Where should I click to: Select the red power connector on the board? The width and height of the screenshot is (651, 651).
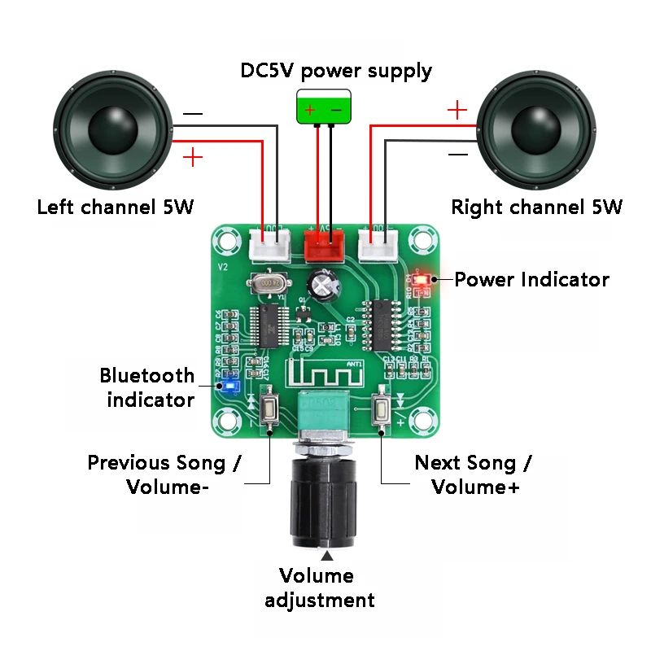click(x=324, y=243)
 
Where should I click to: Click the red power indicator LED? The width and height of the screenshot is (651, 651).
click(x=422, y=280)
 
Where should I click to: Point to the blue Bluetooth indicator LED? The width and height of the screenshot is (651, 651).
click(x=229, y=386)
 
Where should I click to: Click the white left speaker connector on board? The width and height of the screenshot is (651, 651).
click(x=269, y=243)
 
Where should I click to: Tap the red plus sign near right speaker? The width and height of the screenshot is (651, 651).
click(x=458, y=109)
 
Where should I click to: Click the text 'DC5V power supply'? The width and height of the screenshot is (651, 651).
click(x=336, y=71)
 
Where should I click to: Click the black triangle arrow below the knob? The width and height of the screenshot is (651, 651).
click(x=327, y=557)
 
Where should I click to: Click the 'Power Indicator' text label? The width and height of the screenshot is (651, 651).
click(x=531, y=280)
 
